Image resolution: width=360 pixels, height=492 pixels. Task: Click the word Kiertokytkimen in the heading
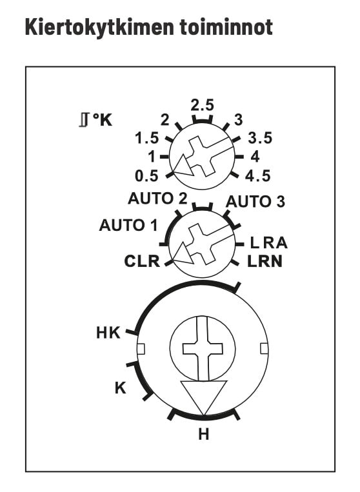click(99, 27)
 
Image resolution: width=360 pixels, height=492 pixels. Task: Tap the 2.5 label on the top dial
click(203, 105)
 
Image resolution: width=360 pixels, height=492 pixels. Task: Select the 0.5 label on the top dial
click(146, 176)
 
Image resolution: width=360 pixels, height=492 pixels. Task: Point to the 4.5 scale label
click(257, 176)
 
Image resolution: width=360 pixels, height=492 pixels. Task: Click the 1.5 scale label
click(147, 139)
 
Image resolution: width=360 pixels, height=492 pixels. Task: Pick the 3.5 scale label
click(260, 138)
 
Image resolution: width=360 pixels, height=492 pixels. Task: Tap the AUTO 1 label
click(128, 225)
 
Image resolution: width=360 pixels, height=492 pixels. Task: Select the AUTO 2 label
click(157, 199)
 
